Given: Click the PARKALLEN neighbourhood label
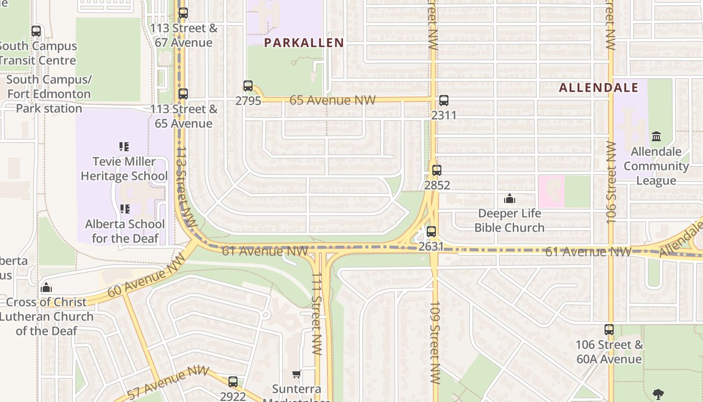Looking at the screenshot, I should pos(304,43).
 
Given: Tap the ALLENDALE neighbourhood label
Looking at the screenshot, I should pos(599,87).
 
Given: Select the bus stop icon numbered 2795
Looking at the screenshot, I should pos(248,86).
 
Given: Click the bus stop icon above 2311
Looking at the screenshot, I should pos(444,100).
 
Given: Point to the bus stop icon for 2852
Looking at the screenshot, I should pos(437,170).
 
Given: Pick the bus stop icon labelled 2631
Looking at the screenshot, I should pos(431,232).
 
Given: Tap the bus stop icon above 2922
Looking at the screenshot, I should pos(233,382).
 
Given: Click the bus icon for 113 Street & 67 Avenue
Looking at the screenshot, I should pos(183,13).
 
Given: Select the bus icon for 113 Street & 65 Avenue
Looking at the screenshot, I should pos(183,94).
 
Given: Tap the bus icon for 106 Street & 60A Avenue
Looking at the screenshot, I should pos(609,330).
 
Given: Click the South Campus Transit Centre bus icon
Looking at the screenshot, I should pos(36,31).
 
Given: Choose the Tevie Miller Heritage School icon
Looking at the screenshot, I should pos(124,147).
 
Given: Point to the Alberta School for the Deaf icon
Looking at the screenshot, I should pos(125,209).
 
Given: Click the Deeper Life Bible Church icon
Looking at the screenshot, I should pos(510,199).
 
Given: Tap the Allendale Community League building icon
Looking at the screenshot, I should pos(656,137).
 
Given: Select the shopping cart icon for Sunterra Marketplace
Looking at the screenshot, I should pos(296,374).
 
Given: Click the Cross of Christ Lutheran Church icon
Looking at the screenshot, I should pos(46,287).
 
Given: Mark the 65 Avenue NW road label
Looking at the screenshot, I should pos(332,100).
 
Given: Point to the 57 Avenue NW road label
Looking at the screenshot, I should pos(168,382).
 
